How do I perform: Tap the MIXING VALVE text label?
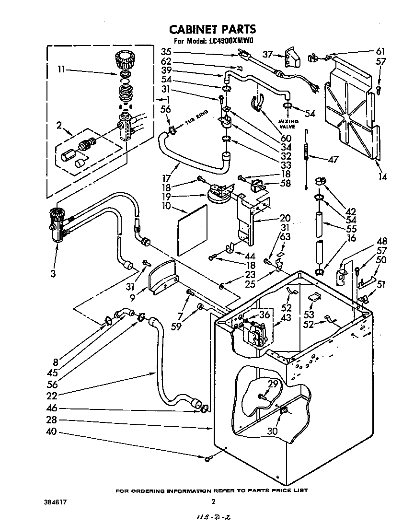[288, 124]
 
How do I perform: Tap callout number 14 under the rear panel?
[382, 177]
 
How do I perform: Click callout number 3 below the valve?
[53, 274]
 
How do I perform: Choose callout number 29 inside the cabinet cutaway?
[273, 384]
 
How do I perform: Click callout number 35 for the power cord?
[166, 51]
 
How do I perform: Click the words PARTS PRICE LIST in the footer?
[277, 490]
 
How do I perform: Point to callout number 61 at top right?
[380, 51]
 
